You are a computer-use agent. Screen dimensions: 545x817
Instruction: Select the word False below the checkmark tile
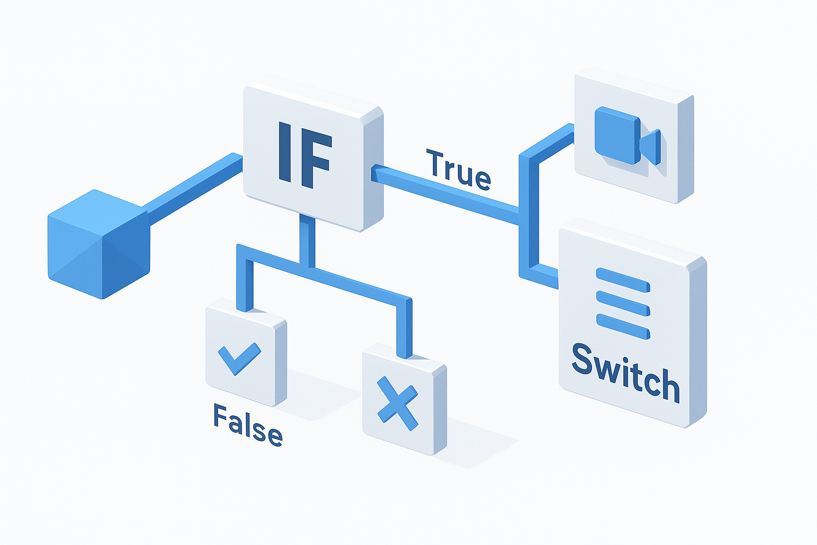pos(248,425)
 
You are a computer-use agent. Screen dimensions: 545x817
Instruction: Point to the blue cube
pos(99,243)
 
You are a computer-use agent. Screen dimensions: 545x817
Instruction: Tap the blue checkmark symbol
pos(239,358)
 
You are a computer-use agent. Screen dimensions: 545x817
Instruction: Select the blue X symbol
pos(397,403)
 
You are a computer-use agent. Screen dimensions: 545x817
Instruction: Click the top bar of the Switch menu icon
pos(623,280)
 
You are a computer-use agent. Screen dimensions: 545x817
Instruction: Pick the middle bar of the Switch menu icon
pos(623,303)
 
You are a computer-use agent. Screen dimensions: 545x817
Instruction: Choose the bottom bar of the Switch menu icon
pos(623,326)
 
